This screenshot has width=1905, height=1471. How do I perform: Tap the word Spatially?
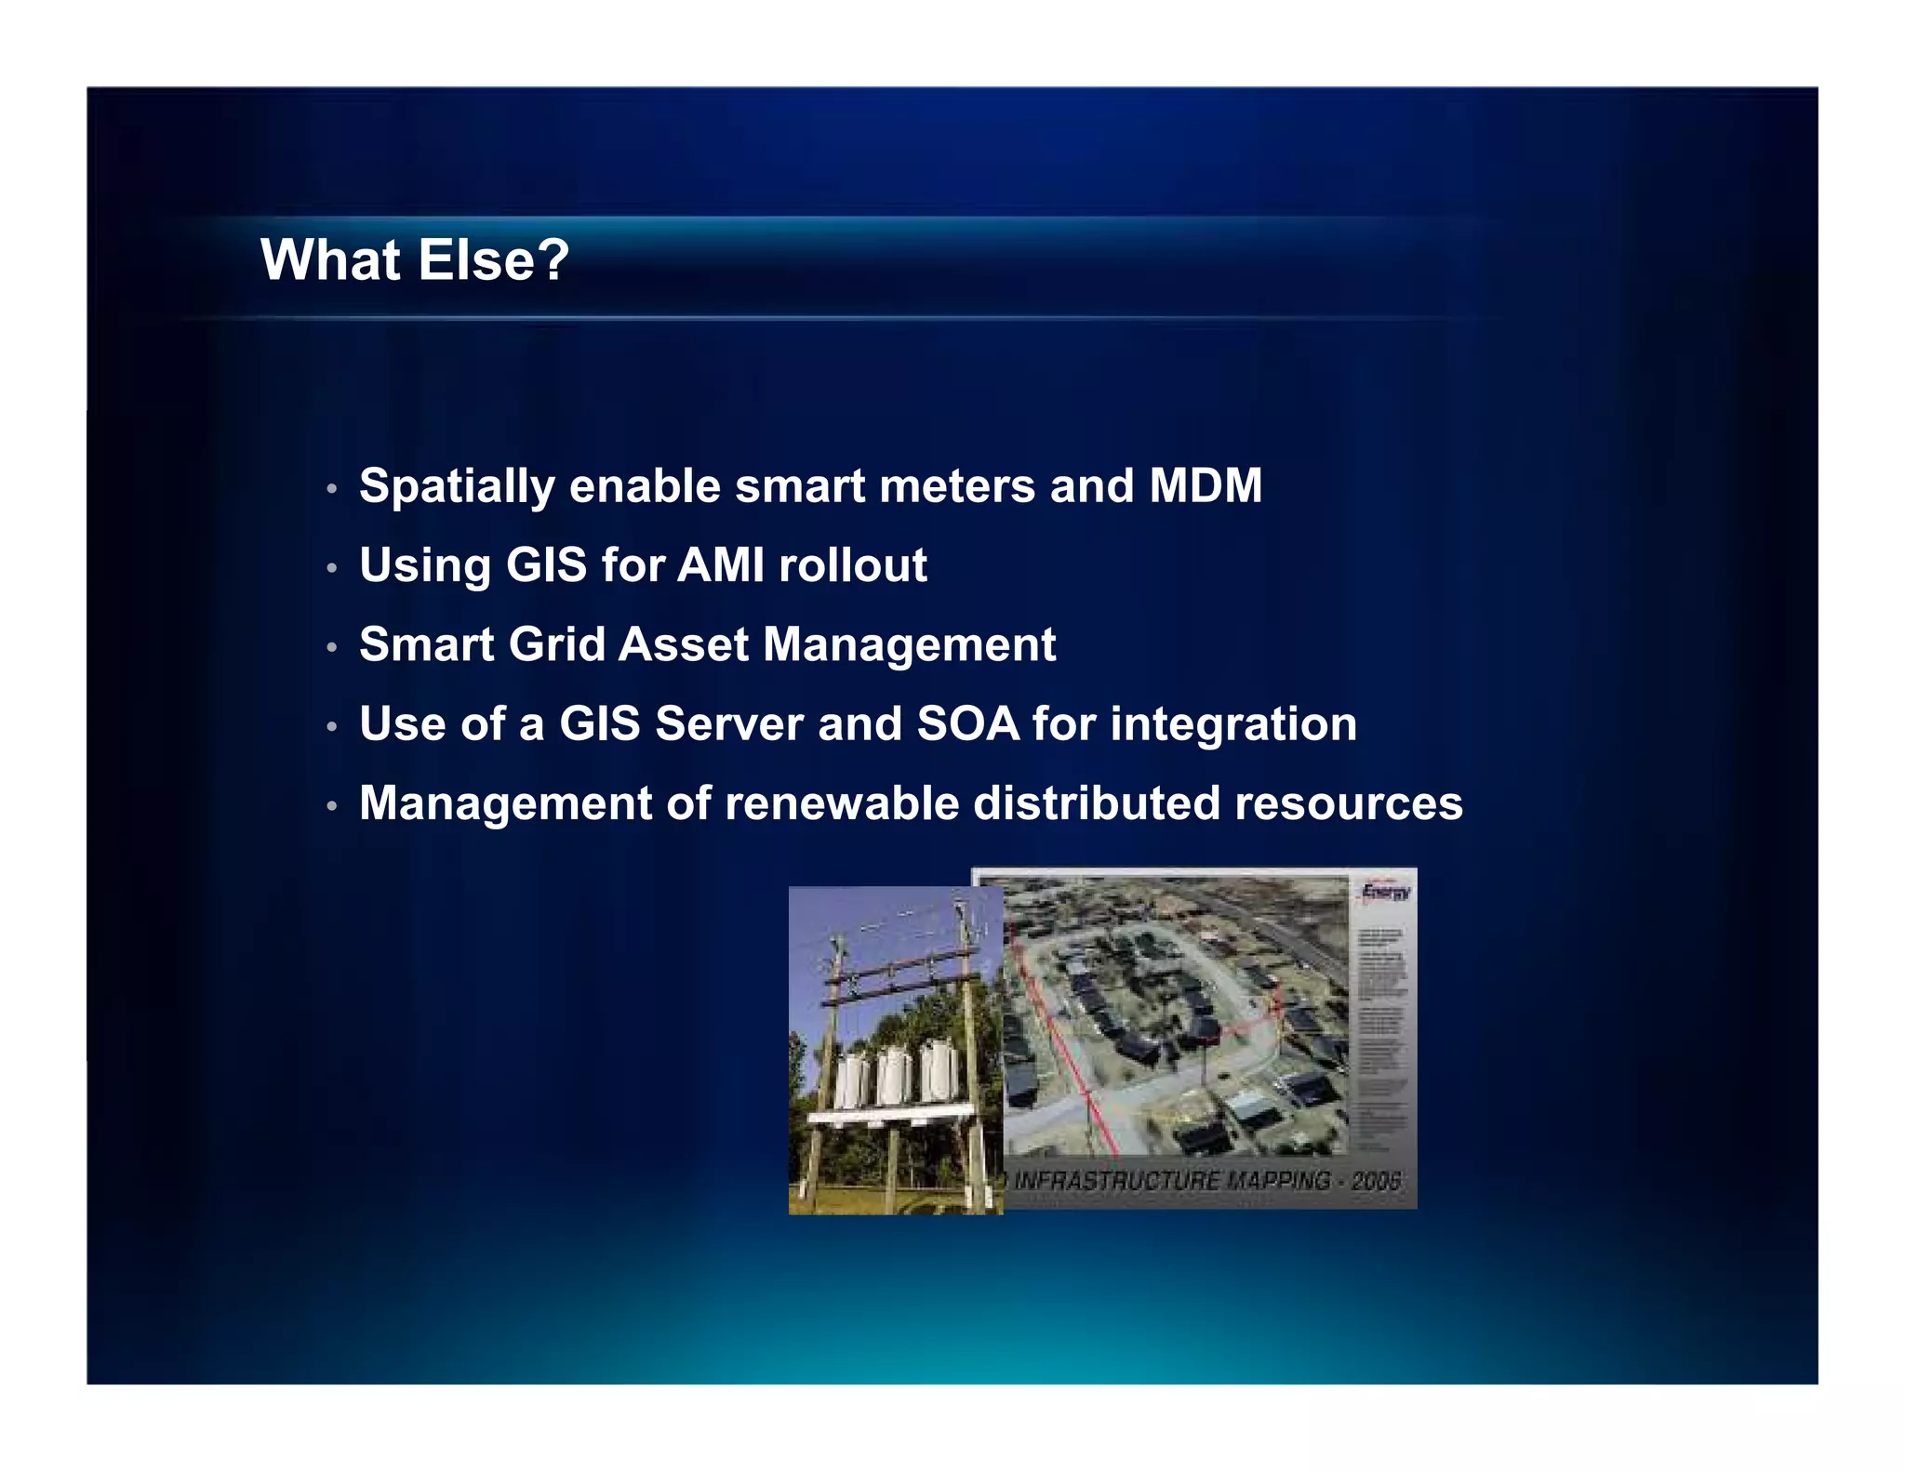point(456,487)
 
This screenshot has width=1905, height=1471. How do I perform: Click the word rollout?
point(853,564)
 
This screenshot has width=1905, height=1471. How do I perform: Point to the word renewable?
point(841,803)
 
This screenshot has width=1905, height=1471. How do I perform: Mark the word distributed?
point(1096,803)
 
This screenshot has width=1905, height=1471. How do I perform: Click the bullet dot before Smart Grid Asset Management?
point(332,646)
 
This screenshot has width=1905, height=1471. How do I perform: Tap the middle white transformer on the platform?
point(893,1076)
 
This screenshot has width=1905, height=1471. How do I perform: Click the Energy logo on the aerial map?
point(1385,894)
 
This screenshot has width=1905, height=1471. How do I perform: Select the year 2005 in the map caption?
point(1376,1181)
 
